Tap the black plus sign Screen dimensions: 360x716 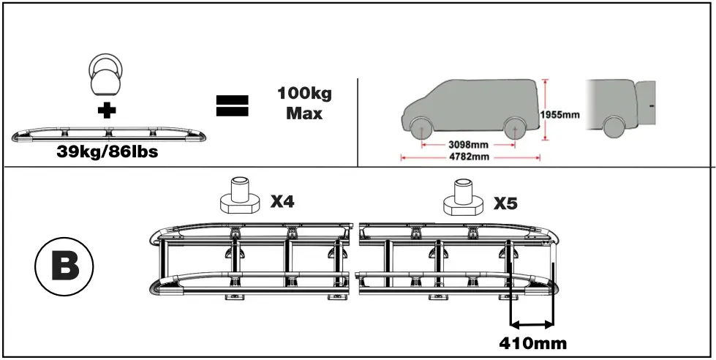point(108,112)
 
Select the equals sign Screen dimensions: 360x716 point(233,105)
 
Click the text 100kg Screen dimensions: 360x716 point(304,94)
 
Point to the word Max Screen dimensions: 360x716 point(304,114)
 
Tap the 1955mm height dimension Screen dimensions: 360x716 point(559,114)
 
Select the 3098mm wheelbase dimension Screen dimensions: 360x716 point(467,143)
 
